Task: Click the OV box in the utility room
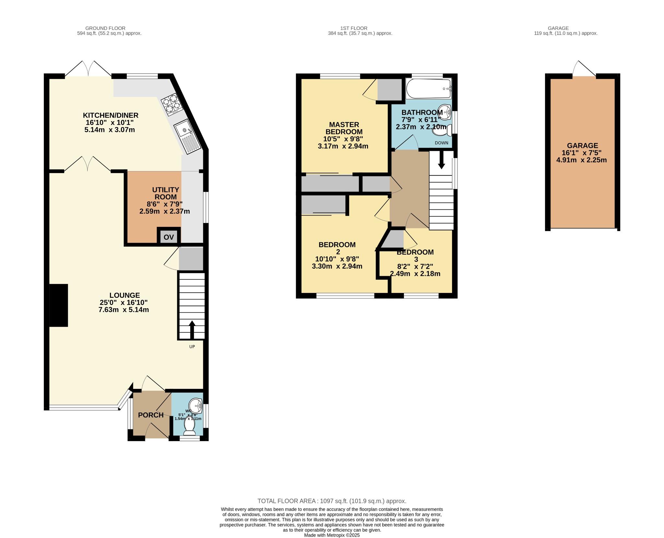click(169, 237)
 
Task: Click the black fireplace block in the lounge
click(59, 305)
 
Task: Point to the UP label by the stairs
click(192, 346)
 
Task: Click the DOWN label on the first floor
click(441, 143)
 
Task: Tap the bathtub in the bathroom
click(429, 88)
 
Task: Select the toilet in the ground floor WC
click(189, 429)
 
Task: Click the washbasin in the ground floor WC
click(196, 404)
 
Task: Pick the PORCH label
click(151, 415)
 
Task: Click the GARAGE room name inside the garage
click(582, 146)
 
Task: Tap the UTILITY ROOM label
click(165, 193)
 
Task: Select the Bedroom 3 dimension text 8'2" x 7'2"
click(415, 266)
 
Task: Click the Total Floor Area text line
click(332, 501)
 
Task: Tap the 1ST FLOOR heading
click(354, 28)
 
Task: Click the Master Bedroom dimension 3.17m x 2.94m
click(343, 146)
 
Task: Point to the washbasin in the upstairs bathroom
click(445, 112)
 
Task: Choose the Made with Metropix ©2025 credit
click(332, 535)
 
